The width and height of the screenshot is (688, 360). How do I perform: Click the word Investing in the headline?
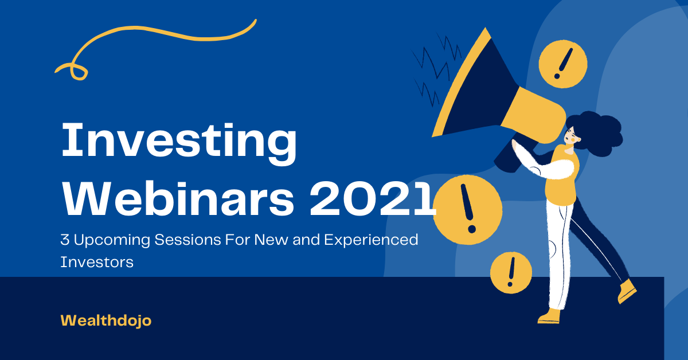tap(179, 144)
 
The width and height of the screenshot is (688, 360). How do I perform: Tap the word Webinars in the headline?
tap(178, 198)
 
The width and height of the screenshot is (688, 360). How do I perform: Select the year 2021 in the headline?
tap(373, 198)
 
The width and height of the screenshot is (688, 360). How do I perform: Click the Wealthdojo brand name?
tap(106, 321)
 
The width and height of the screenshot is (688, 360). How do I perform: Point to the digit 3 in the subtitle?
tap(65, 240)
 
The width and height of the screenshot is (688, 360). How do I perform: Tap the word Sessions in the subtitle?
tap(187, 240)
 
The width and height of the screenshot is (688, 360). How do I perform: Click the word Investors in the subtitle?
tap(97, 262)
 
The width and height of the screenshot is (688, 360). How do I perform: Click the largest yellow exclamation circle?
tap(467, 210)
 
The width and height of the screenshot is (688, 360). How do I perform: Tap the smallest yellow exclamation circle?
tap(511, 272)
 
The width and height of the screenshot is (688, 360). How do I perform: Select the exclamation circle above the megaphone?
tap(563, 64)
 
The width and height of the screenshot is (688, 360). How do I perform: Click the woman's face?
tap(572, 136)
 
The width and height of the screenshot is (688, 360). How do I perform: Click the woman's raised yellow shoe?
tap(627, 291)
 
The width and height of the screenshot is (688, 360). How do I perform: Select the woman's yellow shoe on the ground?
tap(549, 316)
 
